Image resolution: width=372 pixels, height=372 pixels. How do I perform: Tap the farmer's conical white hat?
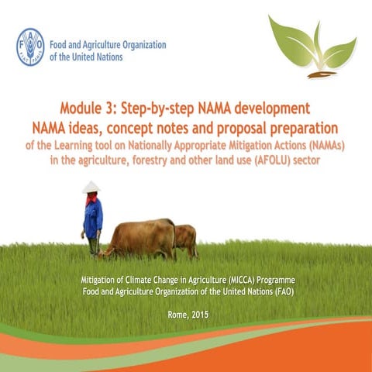91,187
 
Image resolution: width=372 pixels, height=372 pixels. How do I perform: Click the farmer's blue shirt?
93,219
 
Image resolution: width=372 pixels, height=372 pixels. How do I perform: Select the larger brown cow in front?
143,239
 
